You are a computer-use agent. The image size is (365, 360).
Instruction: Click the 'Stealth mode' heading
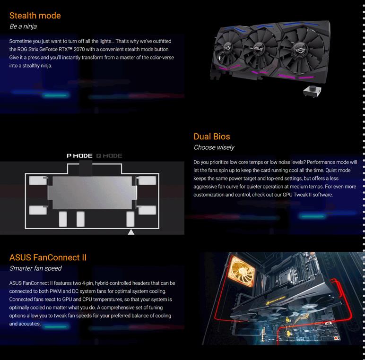(35, 16)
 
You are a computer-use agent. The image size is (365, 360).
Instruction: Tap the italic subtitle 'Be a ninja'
(23, 26)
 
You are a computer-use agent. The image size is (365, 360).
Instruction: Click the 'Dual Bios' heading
(212, 137)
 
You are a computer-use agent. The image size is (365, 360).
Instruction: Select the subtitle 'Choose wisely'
(214, 147)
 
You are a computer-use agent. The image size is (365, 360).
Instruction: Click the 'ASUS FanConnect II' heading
(48, 257)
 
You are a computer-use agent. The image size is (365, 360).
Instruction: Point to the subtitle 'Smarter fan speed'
(35, 268)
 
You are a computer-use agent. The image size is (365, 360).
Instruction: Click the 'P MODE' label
(79, 156)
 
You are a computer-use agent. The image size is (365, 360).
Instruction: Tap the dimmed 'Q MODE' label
(109, 156)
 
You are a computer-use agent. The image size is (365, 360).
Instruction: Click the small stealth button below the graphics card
(313, 91)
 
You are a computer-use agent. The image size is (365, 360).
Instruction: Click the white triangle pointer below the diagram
(131, 232)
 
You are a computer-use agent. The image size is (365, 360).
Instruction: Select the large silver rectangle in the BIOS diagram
(92, 193)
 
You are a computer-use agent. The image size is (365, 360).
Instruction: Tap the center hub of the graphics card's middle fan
(259, 48)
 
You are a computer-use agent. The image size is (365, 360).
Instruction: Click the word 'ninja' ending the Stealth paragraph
(46, 66)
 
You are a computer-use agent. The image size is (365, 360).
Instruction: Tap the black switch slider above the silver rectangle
(86, 169)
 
